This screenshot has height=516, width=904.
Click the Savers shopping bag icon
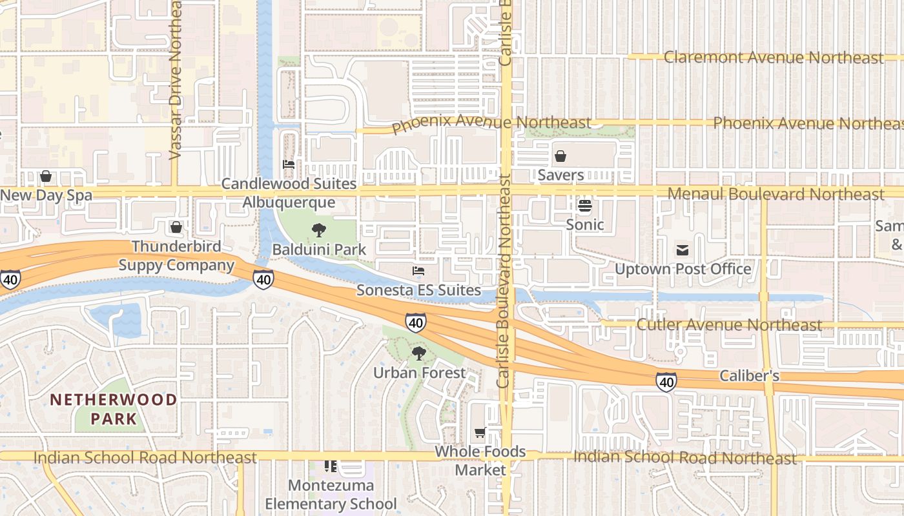click(x=560, y=156)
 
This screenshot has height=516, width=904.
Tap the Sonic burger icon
click(x=585, y=206)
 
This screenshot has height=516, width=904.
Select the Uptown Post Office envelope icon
click(x=683, y=250)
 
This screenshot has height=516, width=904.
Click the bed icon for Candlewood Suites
click(x=289, y=164)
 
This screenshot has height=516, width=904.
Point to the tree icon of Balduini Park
click(x=318, y=230)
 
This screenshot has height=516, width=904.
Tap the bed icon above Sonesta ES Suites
click(x=418, y=271)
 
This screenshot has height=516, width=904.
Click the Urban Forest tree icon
click(x=419, y=353)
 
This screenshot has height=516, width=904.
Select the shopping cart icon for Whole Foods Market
click(x=480, y=432)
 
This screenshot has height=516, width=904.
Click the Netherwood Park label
click(x=114, y=409)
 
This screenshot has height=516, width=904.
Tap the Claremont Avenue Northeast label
click(x=774, y=57)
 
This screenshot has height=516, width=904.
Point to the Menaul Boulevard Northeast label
click(x=776, y=193)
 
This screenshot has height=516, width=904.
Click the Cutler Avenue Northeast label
click(x=730, y=324)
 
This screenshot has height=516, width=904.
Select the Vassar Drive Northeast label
click(x=175, y=79)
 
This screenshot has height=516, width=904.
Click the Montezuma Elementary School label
click(x=331, y=494)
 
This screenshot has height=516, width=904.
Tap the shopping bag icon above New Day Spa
click(x=46, y=176)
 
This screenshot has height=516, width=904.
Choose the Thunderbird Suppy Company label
click(x=176, y=255)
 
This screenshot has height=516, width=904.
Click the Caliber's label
click(x=749, y=376)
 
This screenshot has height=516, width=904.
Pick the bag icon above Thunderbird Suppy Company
click(x=176, y=227)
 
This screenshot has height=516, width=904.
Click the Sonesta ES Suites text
click(x=418, y=290)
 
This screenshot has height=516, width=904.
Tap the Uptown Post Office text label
click(x=683, y=269)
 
